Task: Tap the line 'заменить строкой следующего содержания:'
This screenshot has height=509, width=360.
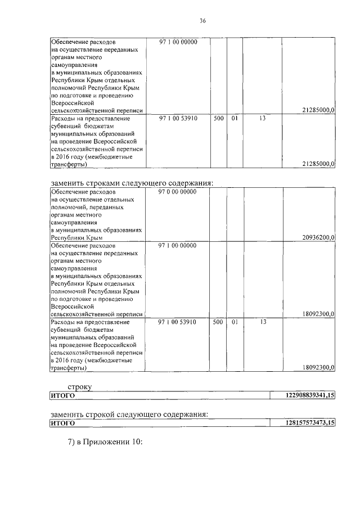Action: [x=129, y=414]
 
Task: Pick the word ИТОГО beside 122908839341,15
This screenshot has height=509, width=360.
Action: [x=63, y=396]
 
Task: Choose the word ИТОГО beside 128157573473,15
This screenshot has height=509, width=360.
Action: [x=63, y=422]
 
